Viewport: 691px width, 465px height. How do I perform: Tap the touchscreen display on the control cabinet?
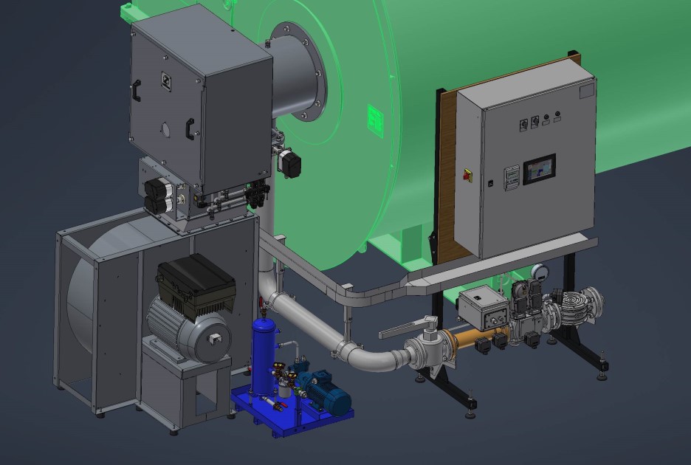(x=539, y=169)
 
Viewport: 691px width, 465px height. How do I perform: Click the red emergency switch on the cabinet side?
(x=467, y=174)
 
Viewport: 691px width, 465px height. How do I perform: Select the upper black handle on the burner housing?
(x=135, y=91)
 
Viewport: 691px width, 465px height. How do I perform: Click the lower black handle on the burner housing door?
(x=190, y=128)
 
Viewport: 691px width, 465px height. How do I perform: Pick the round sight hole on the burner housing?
(x=165, y=130)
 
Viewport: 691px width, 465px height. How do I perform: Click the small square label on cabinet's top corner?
(x=586, y=90)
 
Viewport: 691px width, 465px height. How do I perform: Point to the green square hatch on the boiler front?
(x=376, y=119)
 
